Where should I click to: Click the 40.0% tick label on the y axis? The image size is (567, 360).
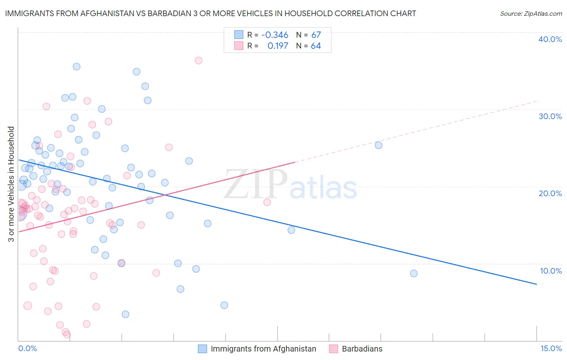click(550, 40)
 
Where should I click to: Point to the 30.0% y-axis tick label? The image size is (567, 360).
click(550, 116)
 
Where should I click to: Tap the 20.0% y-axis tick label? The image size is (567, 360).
click(550, 193)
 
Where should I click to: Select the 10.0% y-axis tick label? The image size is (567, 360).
click(551, 271)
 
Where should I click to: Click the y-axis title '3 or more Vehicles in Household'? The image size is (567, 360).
click(11, 184)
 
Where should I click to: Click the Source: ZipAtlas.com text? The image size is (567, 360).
click(531, 14)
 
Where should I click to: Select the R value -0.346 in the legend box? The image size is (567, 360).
click(275, 35)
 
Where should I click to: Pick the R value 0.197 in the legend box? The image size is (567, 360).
click(278, 46)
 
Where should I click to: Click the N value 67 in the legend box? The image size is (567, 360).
click(316, 35)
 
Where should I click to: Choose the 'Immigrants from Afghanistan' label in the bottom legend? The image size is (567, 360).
click(263, 349)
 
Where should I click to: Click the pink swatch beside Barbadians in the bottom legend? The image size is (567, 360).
click(333, 349)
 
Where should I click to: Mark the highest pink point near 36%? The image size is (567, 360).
click(198, 61)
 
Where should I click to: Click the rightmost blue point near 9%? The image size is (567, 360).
click(414, 274)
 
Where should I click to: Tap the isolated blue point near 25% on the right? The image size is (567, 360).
click(378, 145)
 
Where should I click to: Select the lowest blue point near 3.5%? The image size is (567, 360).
click(125, 314)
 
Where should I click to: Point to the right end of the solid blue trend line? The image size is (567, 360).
click(536, 284)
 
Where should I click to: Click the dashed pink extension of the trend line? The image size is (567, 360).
click(415, 132)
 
